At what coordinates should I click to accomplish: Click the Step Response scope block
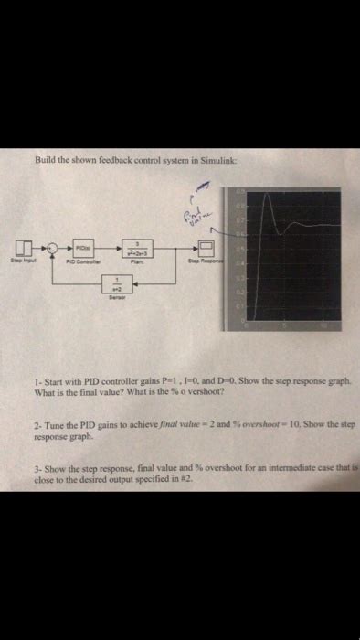206,249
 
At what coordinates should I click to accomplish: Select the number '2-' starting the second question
35,426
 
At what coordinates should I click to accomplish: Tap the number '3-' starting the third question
35,467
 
